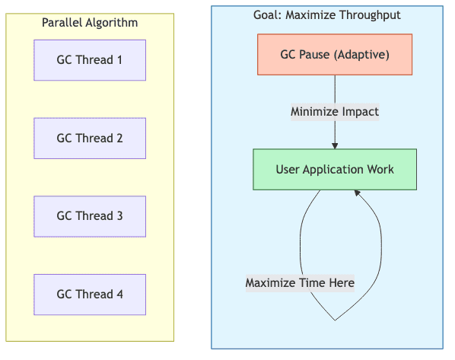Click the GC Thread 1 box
[90, 59]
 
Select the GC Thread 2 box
[90, 139]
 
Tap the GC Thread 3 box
[90, 216]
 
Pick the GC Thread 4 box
[90, 295]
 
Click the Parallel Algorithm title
[90, 23]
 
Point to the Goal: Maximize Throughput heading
[326, 15]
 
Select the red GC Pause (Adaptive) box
[335, 55]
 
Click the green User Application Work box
[335, 169]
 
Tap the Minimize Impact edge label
[335, 112]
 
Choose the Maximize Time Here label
[300, 283]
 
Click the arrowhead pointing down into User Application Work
[335, 145]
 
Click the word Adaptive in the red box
[362, 55]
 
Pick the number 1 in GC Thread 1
[119, 59]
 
